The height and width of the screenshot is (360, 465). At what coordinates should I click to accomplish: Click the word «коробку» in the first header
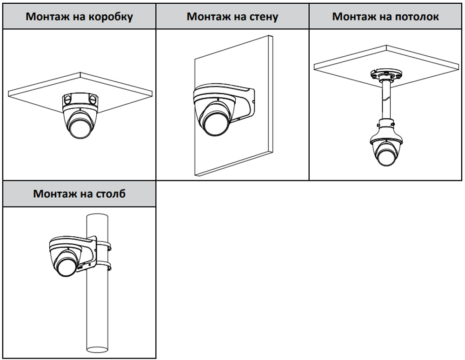pos(110,17)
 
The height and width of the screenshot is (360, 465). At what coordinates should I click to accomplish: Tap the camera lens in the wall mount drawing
pos(215,123)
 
